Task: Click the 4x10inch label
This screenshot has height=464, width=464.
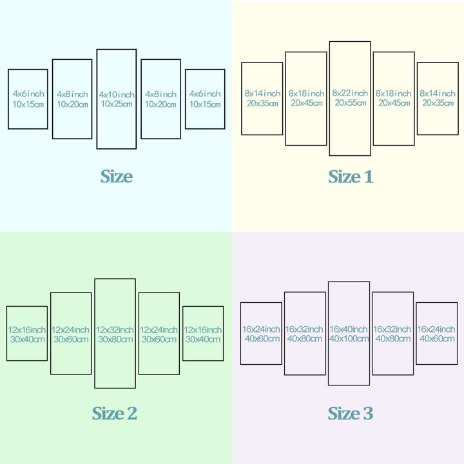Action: (x=117, y=95)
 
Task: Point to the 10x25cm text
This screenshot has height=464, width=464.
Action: (x=117, y=104)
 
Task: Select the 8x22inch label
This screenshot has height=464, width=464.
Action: (x=350, y=93)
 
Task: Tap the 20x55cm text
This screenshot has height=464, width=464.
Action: (x=351, y=102)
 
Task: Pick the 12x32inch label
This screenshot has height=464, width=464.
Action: (x=115, y=330)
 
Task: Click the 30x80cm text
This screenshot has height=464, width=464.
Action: (x=115, y=339)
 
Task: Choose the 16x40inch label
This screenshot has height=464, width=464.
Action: (x=349, y=329)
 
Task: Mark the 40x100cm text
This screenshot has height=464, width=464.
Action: (x=349, y=338)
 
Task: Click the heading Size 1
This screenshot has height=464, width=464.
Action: (x=351, y=177)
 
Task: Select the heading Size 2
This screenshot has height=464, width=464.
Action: (x=115, y=413)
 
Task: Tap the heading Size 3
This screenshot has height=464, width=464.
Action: (x=351, y=413)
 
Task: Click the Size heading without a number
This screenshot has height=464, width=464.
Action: (x=116, y=177)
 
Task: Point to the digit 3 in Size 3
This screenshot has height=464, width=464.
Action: (x=368, y=413)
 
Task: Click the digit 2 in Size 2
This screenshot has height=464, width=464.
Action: (x=132, y=413)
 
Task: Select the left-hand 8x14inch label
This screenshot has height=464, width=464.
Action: (x=262, y=93)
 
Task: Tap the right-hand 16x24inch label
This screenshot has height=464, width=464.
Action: (x=436, y=329)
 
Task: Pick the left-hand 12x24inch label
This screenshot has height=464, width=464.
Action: (x=70, y=330)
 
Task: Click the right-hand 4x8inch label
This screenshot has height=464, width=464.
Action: (x=160, y=94)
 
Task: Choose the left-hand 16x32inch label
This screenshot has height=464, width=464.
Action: (x=304, y=329)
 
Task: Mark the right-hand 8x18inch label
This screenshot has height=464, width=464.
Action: (x=394, y=93)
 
